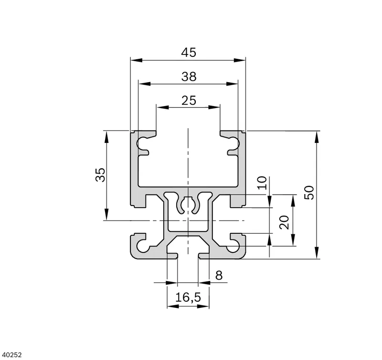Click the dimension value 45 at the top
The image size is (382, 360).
tap(189, 53)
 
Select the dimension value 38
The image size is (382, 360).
tap(189, 76)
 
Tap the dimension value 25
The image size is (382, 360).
tap(189, 100)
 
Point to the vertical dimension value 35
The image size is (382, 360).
tap(100, 175)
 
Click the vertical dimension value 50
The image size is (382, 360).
tap(309, 193)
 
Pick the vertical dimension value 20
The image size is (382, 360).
tap(284, 222)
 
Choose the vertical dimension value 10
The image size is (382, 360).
tap(262, 183)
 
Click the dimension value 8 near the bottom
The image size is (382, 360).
tap(219, 275)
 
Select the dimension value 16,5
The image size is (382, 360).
tap(188, 297)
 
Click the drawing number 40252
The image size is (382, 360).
tap(11, 355)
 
